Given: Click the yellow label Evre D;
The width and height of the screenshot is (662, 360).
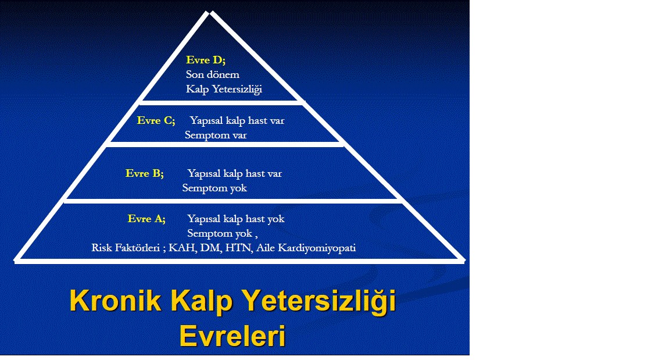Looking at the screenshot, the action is (206, 60).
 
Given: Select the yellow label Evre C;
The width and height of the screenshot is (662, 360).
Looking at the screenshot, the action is (156, 120).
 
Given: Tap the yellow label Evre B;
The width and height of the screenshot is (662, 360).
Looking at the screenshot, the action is (144, 173).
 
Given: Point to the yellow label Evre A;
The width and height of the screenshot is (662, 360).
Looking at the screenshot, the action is (146, 219).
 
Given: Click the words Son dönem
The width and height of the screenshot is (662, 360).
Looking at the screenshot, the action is (212, 74).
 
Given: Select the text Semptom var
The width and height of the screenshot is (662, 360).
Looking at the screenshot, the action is (216, 135).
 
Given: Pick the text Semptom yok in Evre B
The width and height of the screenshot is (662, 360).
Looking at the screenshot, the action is (214, 188).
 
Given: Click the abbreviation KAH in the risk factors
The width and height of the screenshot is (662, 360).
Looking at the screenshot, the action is (183, 248).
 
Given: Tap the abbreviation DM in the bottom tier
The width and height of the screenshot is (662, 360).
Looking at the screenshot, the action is (210, 248).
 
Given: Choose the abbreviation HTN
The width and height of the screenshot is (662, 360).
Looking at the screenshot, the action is (239, 248).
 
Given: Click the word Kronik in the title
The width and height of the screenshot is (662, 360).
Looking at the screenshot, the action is (115, 301).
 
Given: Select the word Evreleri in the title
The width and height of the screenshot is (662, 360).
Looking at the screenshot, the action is (232, 336).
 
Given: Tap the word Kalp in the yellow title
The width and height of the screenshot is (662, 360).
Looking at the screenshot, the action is (202, 301).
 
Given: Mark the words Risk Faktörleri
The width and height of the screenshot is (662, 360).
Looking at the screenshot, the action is (126, 248).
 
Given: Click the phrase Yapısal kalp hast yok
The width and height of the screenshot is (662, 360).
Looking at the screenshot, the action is (235, 219).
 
